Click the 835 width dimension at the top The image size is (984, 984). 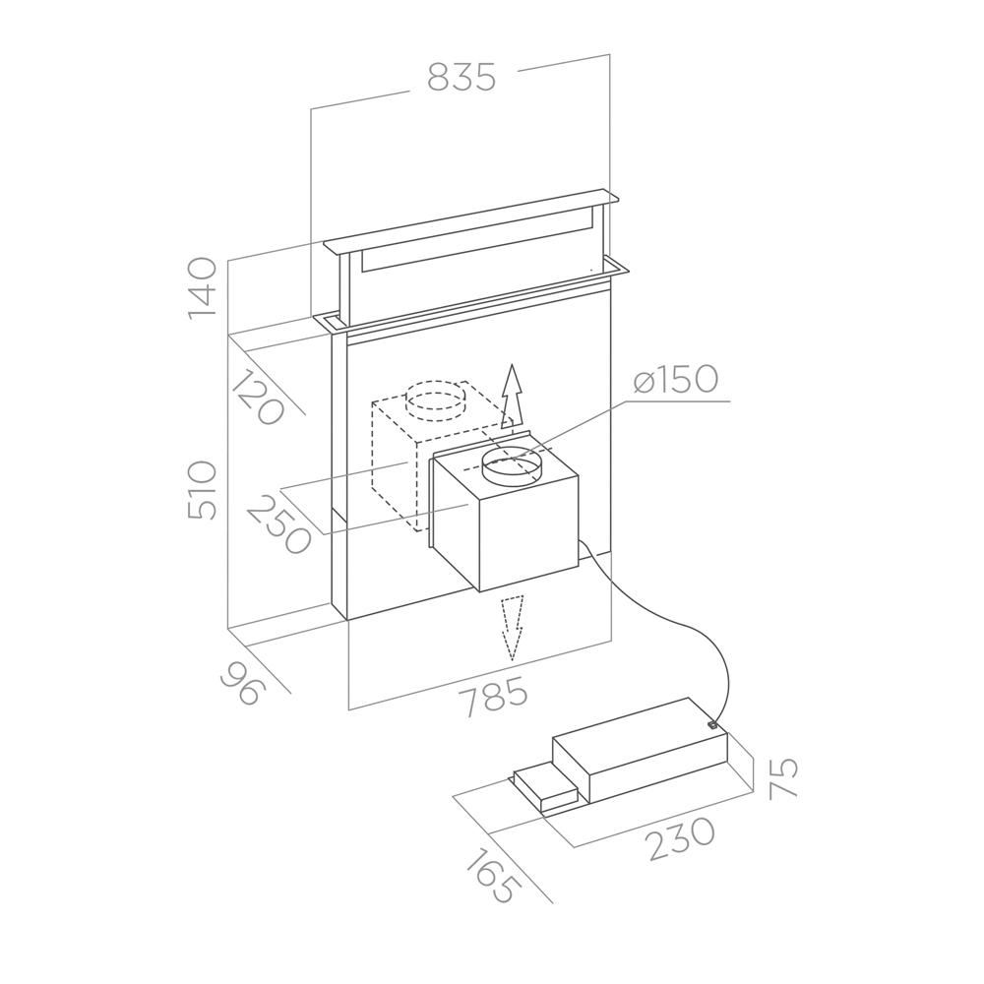click(461, 77)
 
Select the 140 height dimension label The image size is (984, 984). click(202, 288)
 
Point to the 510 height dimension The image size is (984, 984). click(202, 490)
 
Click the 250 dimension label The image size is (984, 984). click(279, 524)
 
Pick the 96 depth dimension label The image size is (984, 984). click(243, 683)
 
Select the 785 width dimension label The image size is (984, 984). click(493, 696)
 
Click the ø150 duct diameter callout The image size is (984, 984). click(675, 380)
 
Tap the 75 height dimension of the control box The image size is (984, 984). click(783, 777)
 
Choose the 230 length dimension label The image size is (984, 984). click(682, 839)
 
